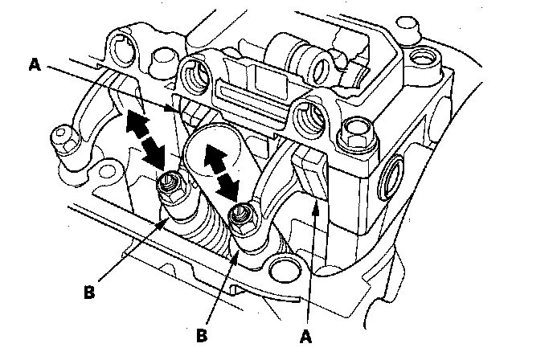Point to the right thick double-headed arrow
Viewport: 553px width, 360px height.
(x=219, y=170)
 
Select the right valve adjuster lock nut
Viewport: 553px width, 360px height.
(x=240, y=214)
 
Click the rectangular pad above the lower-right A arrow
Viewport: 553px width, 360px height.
(x=313, y=174)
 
